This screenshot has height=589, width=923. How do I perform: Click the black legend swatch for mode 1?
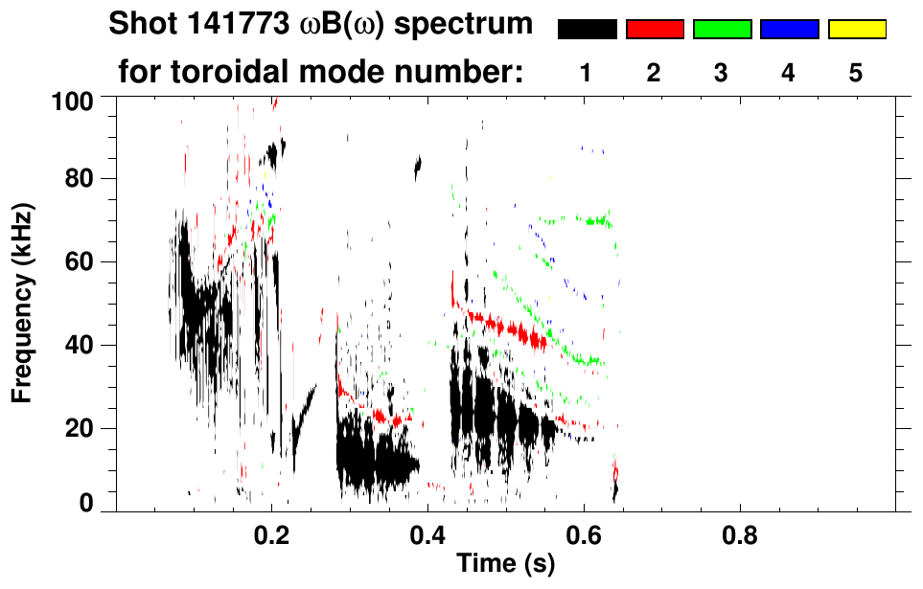(587, 30)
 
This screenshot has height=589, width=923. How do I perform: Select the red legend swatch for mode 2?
(655, 30)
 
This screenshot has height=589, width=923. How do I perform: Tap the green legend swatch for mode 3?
(722, 30)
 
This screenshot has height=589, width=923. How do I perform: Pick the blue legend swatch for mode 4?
(789, 30)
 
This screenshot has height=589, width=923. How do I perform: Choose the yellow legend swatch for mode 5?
(857, 30)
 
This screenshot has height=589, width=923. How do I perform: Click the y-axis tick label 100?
(73, 100)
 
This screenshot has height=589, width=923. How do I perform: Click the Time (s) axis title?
(505, 564)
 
